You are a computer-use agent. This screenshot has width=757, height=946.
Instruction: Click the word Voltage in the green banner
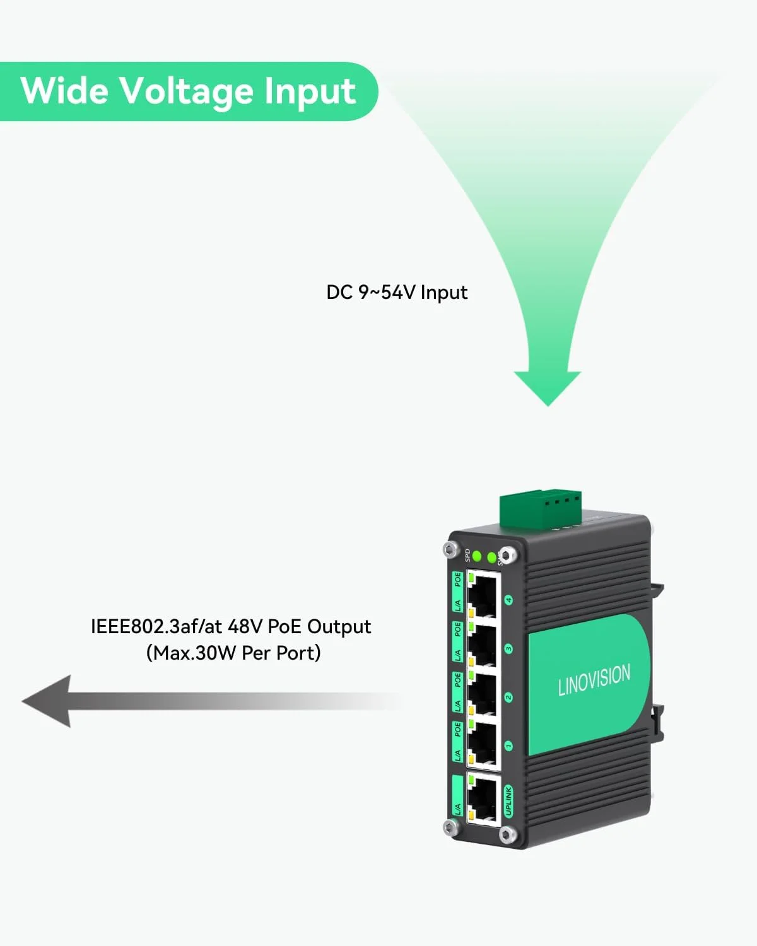click(186, 91)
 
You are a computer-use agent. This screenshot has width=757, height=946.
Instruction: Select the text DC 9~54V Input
click(397, 293)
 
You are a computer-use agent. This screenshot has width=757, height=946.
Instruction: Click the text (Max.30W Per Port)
click(233, 653)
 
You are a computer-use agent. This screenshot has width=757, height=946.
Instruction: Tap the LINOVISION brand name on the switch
click(594, 680)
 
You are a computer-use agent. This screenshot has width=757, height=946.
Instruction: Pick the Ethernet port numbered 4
click(483, 596)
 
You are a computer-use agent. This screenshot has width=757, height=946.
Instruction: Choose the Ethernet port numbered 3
click(483, 646)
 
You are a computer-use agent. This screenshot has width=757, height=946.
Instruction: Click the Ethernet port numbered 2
click(483, 696)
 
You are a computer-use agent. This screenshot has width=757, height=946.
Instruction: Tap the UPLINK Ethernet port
click(483, 798)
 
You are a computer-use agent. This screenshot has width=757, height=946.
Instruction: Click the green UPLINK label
click(508, 801)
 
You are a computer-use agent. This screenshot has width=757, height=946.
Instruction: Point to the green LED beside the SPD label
click(478, 556)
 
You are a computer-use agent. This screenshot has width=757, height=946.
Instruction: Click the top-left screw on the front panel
click(449, 550)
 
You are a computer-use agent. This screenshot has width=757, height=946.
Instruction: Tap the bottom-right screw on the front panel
click(506, 836)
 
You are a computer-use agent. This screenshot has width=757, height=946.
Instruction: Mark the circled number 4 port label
click(508, 600)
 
